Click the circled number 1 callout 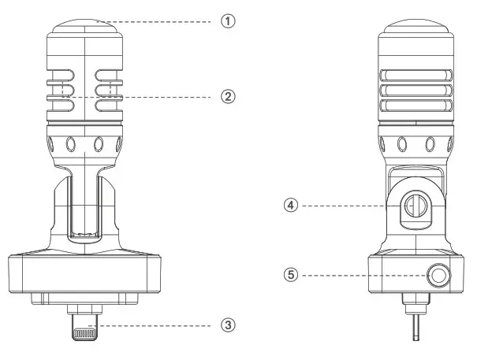(x=228, y=21)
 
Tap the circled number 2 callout (x=228, y=96)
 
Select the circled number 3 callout (x=228, y=324)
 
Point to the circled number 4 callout (x=291, y=205)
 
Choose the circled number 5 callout (x=291, y=275)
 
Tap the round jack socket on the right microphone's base (x=436, y=276)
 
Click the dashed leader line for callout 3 (x=158, y=324)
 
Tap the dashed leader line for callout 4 (x=347, y=205)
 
